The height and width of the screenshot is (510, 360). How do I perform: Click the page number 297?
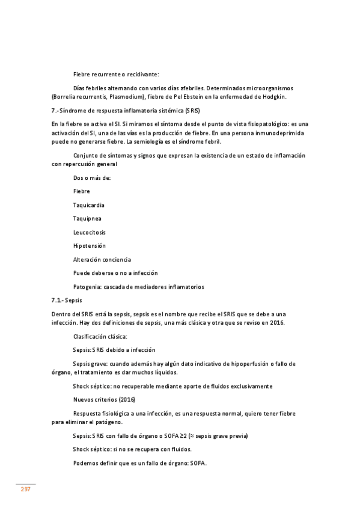pos(26,490)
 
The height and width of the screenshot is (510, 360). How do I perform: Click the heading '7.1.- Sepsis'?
pos(67,300)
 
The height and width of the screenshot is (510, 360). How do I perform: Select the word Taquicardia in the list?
pos(88,204)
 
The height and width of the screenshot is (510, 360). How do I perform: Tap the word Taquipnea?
pos(87,218)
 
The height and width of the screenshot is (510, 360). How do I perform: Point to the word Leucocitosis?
pos(90,232)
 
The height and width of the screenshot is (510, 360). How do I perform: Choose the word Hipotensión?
pos(89,245)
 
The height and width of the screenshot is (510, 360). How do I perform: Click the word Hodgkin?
pos(273,97)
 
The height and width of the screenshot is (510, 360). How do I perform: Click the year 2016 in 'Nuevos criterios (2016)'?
pos(127,399)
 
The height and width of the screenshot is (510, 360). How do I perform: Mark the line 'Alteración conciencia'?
pos(102,259)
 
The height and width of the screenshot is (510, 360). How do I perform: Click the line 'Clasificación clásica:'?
pos(100,336)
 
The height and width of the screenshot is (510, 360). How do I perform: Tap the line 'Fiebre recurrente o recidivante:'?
pos(116,75)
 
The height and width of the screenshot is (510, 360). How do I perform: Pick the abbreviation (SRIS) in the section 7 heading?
pos(192,111)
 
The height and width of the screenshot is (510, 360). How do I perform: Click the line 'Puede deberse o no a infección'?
pos(115,273)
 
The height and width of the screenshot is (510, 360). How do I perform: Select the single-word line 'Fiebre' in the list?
pos(82,191)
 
